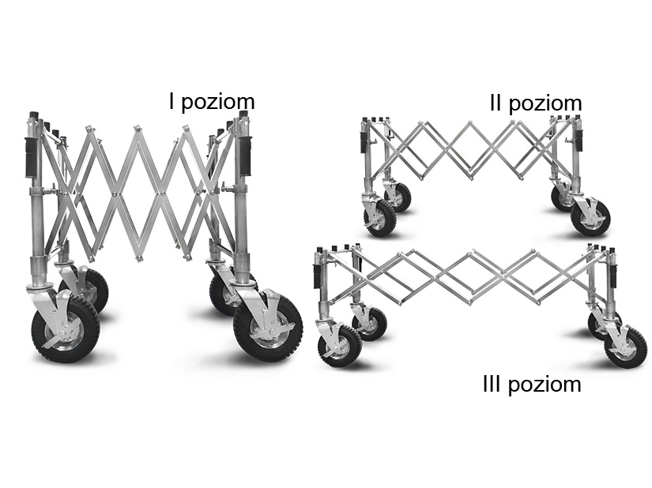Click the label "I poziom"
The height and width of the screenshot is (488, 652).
212,102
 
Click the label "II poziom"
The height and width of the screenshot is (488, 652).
536,103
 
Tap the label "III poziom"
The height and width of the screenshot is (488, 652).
532,384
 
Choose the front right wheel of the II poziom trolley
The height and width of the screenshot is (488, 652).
590,218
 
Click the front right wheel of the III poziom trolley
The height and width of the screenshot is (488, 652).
625,347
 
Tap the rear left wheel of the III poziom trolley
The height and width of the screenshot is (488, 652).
369,324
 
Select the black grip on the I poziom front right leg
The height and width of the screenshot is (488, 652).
245,156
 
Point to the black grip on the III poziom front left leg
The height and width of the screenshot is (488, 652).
317,276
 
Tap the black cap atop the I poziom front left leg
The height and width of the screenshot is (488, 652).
33,114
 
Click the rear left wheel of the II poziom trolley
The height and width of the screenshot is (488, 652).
398,197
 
